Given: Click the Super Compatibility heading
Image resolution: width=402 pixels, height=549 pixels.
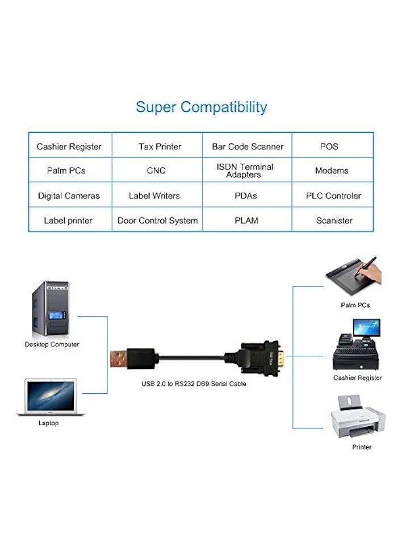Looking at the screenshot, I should pos(201,107).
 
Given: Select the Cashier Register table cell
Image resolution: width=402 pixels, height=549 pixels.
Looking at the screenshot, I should pos(69,147).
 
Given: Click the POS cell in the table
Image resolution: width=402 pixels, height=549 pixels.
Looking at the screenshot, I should pos(329,147).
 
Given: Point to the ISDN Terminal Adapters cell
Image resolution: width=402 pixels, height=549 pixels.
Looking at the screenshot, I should pos(245,170).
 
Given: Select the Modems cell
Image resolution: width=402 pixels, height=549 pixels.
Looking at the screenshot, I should pos(332,170).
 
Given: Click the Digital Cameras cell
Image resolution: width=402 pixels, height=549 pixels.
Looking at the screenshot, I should pos(69,196).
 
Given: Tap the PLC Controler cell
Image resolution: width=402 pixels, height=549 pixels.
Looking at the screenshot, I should pos(333,196).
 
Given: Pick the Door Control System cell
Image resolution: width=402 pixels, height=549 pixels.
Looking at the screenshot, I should pos(157,221).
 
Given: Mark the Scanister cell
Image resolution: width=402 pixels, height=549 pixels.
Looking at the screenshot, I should pos(334,221).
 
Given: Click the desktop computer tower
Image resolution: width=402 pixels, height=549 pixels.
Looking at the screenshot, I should pos(51,309).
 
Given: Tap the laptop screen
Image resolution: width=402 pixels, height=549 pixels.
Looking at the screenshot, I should pos(51,396).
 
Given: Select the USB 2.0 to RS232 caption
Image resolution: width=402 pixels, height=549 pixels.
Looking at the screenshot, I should pos(194,384).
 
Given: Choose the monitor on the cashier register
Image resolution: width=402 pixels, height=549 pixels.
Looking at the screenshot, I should pos(366,328).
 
